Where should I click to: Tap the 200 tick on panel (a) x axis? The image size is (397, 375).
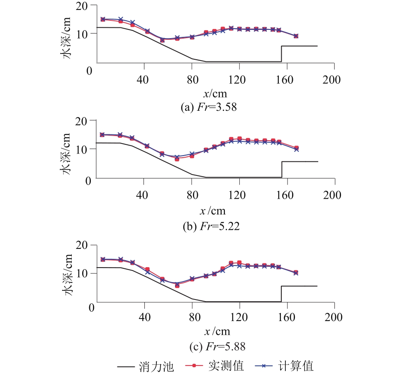coord(332,79)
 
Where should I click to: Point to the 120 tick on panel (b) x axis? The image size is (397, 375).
coord(239,195)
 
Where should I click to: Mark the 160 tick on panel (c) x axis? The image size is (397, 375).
coord(287,318)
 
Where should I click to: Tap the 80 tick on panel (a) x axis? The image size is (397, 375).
coord(192,79)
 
